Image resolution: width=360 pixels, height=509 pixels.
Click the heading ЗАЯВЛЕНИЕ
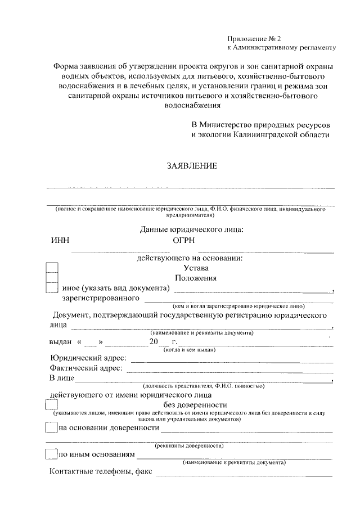point(191,166)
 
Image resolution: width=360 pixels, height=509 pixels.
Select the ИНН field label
point(60,241)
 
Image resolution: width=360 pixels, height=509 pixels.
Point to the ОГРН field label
point(184,241)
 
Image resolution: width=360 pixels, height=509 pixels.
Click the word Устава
point(190,268)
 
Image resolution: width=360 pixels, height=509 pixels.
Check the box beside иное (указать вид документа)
point(51,288)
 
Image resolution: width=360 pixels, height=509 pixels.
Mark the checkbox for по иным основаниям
point(50,454)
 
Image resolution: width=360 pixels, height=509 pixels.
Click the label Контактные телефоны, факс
point(101,471)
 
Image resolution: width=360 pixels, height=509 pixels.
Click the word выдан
point(60,342)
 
